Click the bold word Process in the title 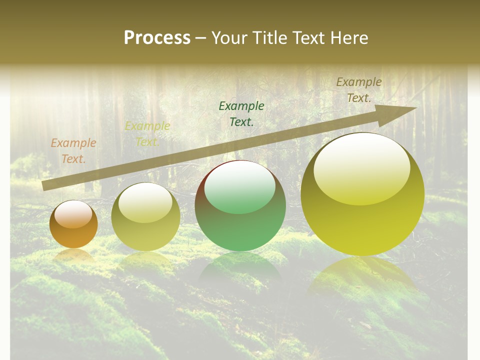(x=157, y=38)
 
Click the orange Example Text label (x=73, y=151)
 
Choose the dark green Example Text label (x=241, y=113)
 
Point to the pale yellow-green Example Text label (x=147, y=134)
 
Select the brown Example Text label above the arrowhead (x=359, y=90)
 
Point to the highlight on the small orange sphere (x=73, y=214)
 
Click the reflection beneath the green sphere (x=240, y=267)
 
